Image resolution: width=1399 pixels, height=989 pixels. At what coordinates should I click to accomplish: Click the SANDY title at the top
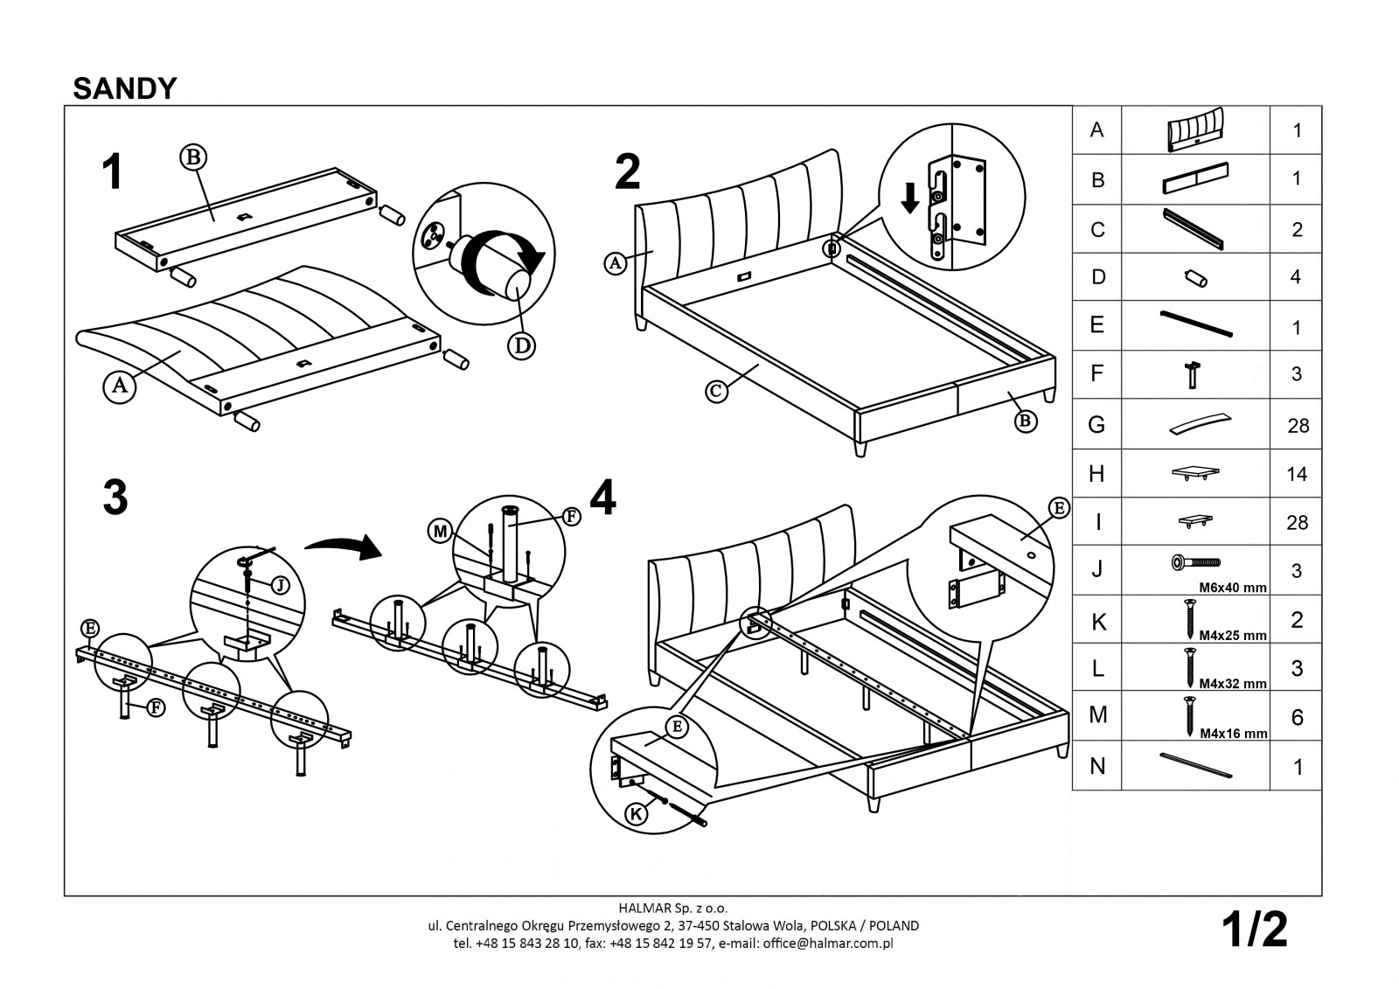tap(125, 88)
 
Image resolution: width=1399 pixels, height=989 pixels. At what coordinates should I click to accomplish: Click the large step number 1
tap(111, 172)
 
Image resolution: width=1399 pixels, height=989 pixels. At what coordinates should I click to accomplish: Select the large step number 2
tap(627, 172)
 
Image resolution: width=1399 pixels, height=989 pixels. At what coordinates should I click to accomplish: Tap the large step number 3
tap(115, 498)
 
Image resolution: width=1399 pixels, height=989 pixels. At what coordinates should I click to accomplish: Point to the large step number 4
tap(602, 498)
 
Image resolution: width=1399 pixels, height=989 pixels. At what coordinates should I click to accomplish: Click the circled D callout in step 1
tap(521, 345)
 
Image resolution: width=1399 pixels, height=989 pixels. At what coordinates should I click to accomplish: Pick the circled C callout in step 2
tap(717, 392)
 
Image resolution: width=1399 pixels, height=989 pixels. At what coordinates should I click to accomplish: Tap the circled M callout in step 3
tap(440, 530)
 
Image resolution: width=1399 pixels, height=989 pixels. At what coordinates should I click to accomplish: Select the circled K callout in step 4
tap(638, 815)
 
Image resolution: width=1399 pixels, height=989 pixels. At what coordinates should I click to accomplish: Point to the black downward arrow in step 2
tap(909, 198)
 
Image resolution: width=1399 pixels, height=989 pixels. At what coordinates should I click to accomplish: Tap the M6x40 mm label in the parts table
tap(1232, 588)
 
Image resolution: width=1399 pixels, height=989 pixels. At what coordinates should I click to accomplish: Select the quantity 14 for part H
tap(1297, 474)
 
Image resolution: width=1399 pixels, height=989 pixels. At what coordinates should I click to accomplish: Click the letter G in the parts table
tap(1096, 425)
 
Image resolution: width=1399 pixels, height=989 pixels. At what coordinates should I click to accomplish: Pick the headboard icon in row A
tap(1195, 129)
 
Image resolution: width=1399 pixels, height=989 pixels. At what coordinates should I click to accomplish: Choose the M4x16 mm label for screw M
tap(1233, 734)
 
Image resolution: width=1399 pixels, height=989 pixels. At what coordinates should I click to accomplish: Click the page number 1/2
tap(1256, 930)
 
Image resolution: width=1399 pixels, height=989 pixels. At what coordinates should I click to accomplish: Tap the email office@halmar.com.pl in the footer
tap(828, 944)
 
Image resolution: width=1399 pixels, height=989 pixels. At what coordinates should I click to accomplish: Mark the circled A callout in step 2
tap(615, 261)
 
